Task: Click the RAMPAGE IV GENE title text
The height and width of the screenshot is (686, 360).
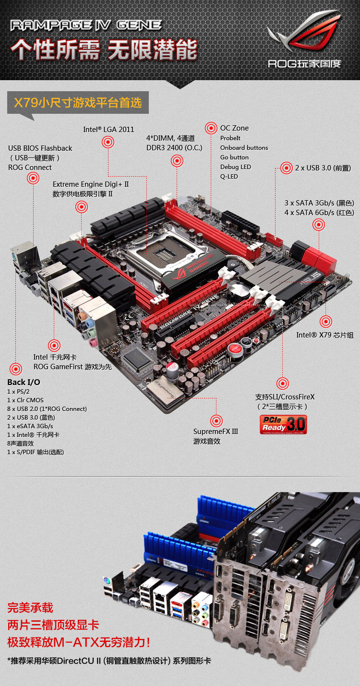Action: tap(86, 25)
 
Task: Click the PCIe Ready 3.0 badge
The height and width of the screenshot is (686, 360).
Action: tap(283, 424)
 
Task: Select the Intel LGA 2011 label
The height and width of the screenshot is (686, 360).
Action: tap(108, 130)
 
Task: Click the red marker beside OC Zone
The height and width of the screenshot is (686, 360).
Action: tap(211, 128)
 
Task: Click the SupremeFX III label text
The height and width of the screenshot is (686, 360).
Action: tap(216, 431)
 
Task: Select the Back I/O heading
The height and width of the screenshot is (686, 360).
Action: tap(24, 382)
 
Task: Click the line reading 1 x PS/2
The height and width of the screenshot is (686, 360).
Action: tap(18, 391)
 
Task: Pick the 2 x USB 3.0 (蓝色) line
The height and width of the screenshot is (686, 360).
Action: tap(31, 418)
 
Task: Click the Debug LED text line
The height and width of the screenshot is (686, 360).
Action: tap(235, 167)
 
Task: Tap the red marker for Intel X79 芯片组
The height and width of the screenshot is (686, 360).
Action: tap(326, 322)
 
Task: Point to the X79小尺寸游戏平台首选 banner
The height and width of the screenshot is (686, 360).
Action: tap(78, 103)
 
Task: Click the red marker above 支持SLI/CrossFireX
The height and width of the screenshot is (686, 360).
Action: tap(283, 384)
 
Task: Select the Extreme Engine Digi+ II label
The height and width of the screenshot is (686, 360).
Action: tap(91, 184)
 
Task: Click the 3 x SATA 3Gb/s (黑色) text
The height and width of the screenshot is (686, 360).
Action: tap(319, 203)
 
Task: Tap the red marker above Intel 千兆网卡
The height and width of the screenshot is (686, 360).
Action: tap(54, 346)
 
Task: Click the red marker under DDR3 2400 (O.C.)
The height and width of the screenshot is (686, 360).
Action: tap(177, 161)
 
